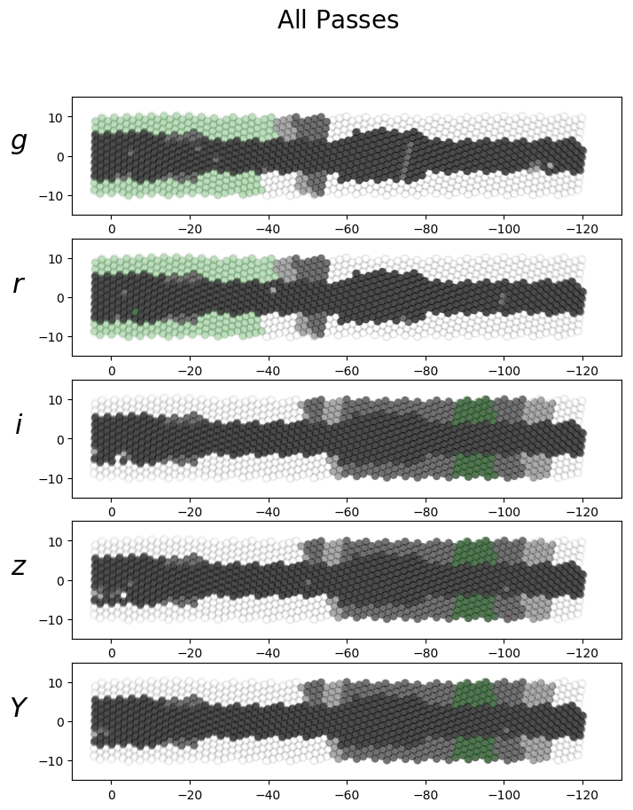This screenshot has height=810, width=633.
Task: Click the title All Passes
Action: [x=338, y=20]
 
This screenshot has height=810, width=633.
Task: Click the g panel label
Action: [x=19, y=142]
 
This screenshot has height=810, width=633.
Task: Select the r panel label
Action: [x=18, y=284]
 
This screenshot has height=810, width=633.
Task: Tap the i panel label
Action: [x=18, y=425]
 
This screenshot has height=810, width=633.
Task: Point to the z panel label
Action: [x=18, y=567]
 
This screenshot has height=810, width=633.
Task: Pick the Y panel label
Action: [x=18, y=708]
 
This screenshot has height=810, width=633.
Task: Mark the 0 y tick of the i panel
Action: [x=62, y=439]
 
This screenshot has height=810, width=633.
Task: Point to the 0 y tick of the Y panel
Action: [x=62, y=722]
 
